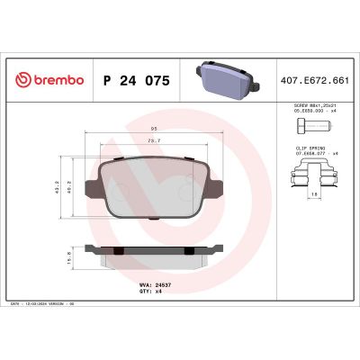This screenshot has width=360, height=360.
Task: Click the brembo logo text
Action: (x=50, y=79)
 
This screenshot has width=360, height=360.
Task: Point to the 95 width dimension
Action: (x=154, y=129)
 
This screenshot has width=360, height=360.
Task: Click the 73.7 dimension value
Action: (x=154, y=140)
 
